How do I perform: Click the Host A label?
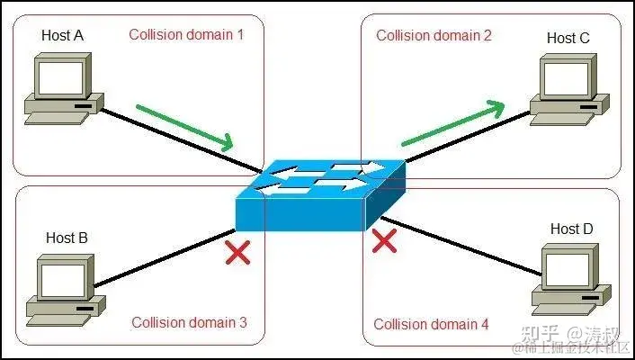tap(62, 36)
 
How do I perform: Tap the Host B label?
tap(67, 238)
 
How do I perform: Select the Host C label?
tap(568, 38)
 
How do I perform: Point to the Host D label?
tap(572, 229)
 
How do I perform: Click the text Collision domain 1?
tap(186, 35)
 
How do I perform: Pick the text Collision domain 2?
tap(434, 36)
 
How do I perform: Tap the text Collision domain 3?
tap(189, 322)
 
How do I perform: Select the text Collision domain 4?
tap(432, 324)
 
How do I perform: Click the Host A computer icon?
tap(59, 87)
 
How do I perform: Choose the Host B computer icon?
tap(61, 288)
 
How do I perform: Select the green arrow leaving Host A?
tap(184, 127)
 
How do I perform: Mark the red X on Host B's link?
tap(237, 253)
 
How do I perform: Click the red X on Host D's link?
tap(385, 240)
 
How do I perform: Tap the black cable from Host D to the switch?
tap(468, 247)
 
